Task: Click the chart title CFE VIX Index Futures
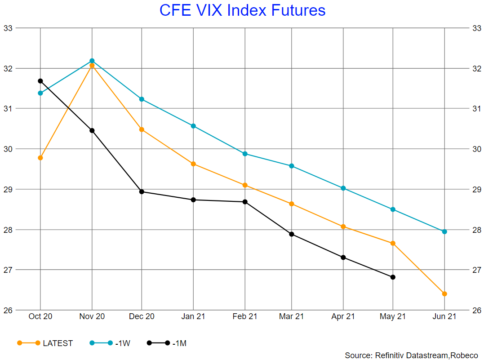click(242, 10)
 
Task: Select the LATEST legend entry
click(45, 343)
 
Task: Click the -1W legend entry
click(110, 343)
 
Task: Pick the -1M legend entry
click(167, 343)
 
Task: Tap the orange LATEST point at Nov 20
click(92, 66)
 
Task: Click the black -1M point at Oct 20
click(40, 81)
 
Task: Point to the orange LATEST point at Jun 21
click(444, 294)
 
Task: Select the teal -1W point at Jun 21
click(444, 231)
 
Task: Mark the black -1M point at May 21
click(393, 277)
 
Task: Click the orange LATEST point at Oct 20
click(40, 158)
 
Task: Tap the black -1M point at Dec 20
click(142, 192)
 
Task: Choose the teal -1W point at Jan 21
click(193, 126)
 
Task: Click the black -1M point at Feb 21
click(245, 202)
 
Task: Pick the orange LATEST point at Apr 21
click(343, 227)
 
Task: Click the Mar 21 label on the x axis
click(291, 316)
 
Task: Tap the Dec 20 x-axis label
click(142, 316)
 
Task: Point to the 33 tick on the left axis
click(9, 28)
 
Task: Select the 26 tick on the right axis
click(476, 310)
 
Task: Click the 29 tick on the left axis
click(9, 189)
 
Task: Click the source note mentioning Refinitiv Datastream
click(411, 355)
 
